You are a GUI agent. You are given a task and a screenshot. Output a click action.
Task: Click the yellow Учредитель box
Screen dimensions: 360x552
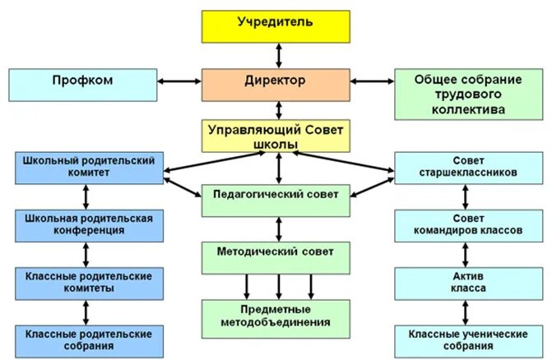pyautogui.click(x=276, y=25)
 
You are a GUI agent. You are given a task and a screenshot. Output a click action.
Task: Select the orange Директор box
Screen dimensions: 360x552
pyautogui.click(x=276, y=83)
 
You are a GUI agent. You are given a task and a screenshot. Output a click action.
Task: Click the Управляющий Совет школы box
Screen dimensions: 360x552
pyautogui.click(x=277, y=136)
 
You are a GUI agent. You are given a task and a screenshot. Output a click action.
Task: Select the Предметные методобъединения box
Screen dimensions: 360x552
pyautogui.click(x=277, y=316)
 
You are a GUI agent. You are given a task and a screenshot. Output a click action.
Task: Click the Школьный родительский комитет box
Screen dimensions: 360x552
pyautogui.click(x=88, y=168)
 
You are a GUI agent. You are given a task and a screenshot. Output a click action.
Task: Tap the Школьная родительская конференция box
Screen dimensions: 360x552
pyautogui.click(x=88, y=224)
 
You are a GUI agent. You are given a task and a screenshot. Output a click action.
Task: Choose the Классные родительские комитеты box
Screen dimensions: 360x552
pyautogui.click(x=88, y=282)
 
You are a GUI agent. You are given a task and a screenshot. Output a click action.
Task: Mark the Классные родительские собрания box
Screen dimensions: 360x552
pyautogui.click(x=88, y=339)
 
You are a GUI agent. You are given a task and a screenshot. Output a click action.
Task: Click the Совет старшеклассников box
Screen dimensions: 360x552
pyautogui.click(x=467, y=168)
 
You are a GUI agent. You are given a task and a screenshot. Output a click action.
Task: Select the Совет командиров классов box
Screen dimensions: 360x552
pyautogui.click(x=467, y=224)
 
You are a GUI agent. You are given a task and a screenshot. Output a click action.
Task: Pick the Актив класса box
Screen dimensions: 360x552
pyautogui.click(x=467, y=282)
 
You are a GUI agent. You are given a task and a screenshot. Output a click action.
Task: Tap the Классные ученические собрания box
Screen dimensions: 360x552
pyautogui.click(x=467, y=339)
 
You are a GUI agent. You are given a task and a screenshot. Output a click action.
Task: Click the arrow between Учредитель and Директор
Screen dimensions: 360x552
pyautogui.click(x=278, y=54)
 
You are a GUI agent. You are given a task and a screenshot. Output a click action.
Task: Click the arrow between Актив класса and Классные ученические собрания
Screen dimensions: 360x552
pyautogui.click(x=466, y=312)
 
